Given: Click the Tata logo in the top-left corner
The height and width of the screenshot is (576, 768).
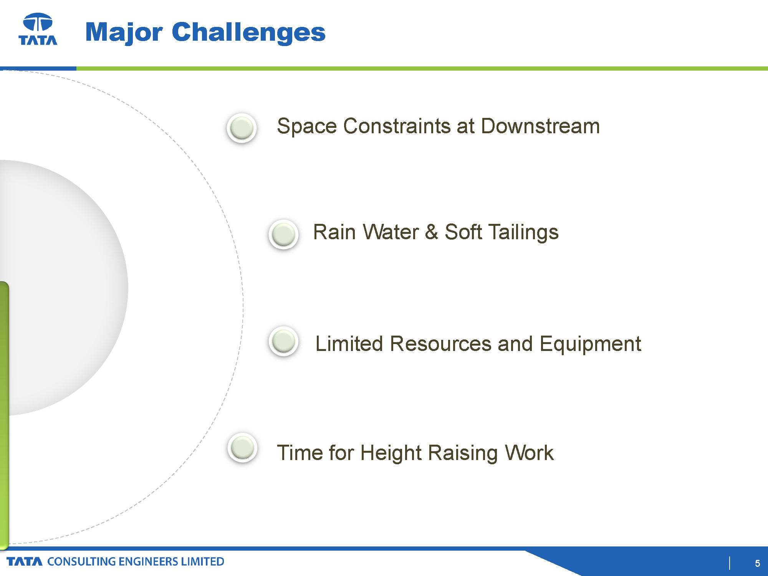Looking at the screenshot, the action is [38, 29].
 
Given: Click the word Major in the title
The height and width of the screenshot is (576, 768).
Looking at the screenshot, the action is [124, 33].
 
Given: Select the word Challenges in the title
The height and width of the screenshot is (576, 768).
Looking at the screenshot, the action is [249, 33].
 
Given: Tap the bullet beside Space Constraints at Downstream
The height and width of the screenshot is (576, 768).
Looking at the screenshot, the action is [242, 128].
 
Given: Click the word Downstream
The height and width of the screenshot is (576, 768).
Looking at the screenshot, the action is [540, 126].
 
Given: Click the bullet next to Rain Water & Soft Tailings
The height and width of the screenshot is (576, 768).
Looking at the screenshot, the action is [283, 234].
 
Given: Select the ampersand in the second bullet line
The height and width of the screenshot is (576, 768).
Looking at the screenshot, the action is [432, 232].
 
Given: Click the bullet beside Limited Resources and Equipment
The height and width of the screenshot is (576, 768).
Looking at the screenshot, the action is [283, 341].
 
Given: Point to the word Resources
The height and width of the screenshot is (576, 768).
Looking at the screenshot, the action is [441, 343].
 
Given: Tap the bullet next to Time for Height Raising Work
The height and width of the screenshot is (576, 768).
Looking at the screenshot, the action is [242, 447].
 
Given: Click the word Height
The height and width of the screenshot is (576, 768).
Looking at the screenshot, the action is [391, 453].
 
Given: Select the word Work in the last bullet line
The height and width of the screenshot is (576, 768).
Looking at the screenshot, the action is [529, 452].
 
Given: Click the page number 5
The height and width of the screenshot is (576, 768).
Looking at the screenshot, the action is [757, 563].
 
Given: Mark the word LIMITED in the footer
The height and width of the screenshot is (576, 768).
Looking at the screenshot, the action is [202, 561].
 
